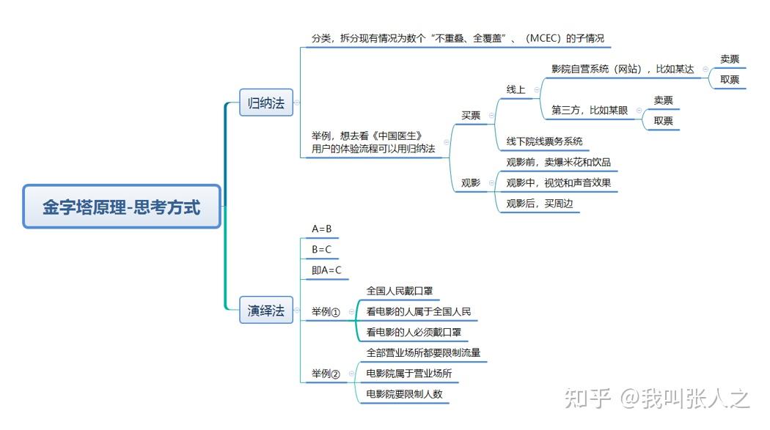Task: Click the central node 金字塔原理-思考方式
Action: tap(122, 207)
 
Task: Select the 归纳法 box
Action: tap(266, 103)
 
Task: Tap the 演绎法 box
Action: tap(266, 310)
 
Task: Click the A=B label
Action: tap(322, 229)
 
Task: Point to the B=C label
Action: tap(322, 250)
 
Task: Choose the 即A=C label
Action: tap(326, 270)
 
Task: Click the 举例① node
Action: tap(326, 312)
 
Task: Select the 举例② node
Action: tap(326, 374)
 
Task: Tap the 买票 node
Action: tap(471, 115)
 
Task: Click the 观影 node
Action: tap(471, 183)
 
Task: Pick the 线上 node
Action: tap(516, 89)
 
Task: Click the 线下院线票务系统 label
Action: tap(544, 141)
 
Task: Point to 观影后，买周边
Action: tap(540, 204)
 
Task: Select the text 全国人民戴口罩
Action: tap(399, 291)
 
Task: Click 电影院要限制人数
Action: tap(404, 393)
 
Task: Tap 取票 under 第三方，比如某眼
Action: tap(663, 121)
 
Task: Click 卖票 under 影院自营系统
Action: tap(730, 59)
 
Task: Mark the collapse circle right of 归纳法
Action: tap(296, 103)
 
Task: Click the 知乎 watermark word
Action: tap(587, 398)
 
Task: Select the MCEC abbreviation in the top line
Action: tap(544, 38)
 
